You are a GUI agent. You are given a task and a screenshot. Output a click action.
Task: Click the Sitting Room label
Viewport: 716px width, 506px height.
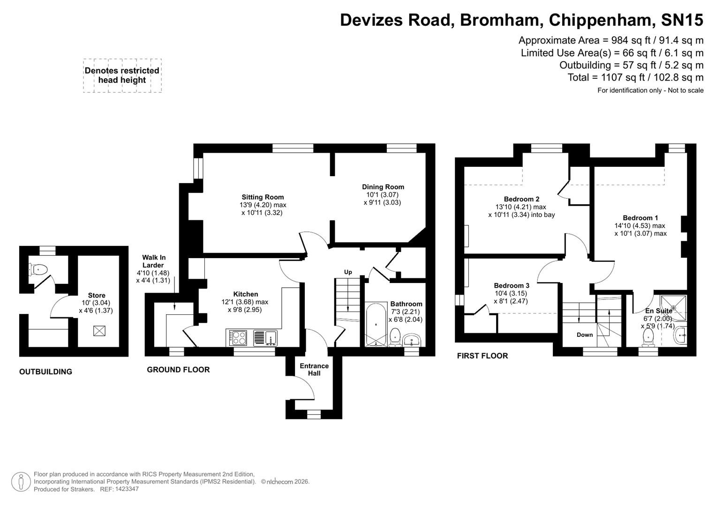(263, 197)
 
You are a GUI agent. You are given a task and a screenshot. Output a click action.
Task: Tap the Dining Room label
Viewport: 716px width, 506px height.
(383, 187)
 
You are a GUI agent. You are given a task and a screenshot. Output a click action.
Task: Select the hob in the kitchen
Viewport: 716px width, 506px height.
(238, 337)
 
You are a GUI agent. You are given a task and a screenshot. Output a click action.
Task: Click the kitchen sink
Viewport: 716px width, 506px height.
(265, 337)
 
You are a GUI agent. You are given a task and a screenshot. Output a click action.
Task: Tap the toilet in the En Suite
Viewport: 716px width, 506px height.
(649, 336)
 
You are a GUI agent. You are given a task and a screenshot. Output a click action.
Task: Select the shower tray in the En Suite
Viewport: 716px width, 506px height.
(673, 307)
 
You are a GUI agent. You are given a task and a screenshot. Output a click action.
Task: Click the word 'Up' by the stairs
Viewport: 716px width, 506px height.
(348, 272)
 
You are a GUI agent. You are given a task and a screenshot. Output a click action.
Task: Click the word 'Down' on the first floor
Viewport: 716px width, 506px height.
(584, 335)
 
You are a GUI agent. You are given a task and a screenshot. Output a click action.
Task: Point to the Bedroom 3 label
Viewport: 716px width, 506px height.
(512, 286)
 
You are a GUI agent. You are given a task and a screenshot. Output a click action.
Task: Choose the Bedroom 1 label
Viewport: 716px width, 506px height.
(640, 218)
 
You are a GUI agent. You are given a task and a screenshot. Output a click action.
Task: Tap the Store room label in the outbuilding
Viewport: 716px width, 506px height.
(97, 296)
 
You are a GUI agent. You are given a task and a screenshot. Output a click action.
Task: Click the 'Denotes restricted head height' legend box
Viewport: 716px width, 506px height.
(122, 75)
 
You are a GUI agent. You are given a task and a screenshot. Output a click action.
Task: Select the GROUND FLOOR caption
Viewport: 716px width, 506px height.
(178, 370)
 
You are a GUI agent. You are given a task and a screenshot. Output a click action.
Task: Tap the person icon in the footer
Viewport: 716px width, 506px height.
(21, 482)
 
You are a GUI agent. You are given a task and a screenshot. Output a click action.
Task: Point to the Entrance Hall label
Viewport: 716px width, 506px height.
(314, 370)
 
